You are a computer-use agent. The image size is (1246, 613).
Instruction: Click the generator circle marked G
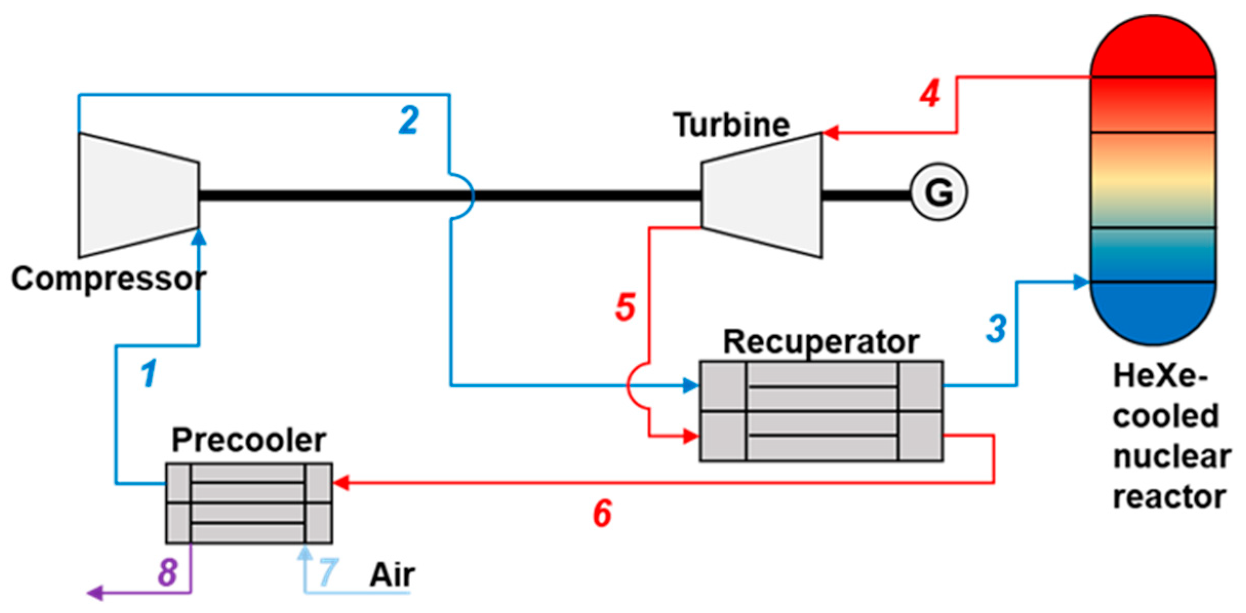(x=938, y=192)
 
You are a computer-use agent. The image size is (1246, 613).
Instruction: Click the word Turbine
(x=731, y=125)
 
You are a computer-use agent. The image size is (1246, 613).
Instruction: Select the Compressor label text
(x=109, y=279)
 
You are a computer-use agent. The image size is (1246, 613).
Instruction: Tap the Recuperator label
(x=820, y=342)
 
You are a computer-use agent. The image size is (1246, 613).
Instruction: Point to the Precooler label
(x=249, y=440)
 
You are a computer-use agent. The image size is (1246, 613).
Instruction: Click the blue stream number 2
(x=409, y=121)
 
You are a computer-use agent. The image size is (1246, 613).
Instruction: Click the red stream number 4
(x=930, y=94)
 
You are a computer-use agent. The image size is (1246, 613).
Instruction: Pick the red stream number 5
(x=625, y=307)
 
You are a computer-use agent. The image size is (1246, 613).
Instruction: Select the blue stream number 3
(x=996, y=329)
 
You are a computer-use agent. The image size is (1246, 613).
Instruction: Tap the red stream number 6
(x=602, y=513)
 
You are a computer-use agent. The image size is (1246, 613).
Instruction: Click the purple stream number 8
(x=168, y=572)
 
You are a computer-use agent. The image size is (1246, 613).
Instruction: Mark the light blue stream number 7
(x=328, y=572)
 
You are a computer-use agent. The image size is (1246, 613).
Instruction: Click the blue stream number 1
(x=149, y=373)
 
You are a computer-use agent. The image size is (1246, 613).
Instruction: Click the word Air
(x=392, y=575)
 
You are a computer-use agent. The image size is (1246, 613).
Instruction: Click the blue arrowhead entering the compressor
(x=199, y=238)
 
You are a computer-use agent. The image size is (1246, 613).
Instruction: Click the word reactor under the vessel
(x=1169, y=497)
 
